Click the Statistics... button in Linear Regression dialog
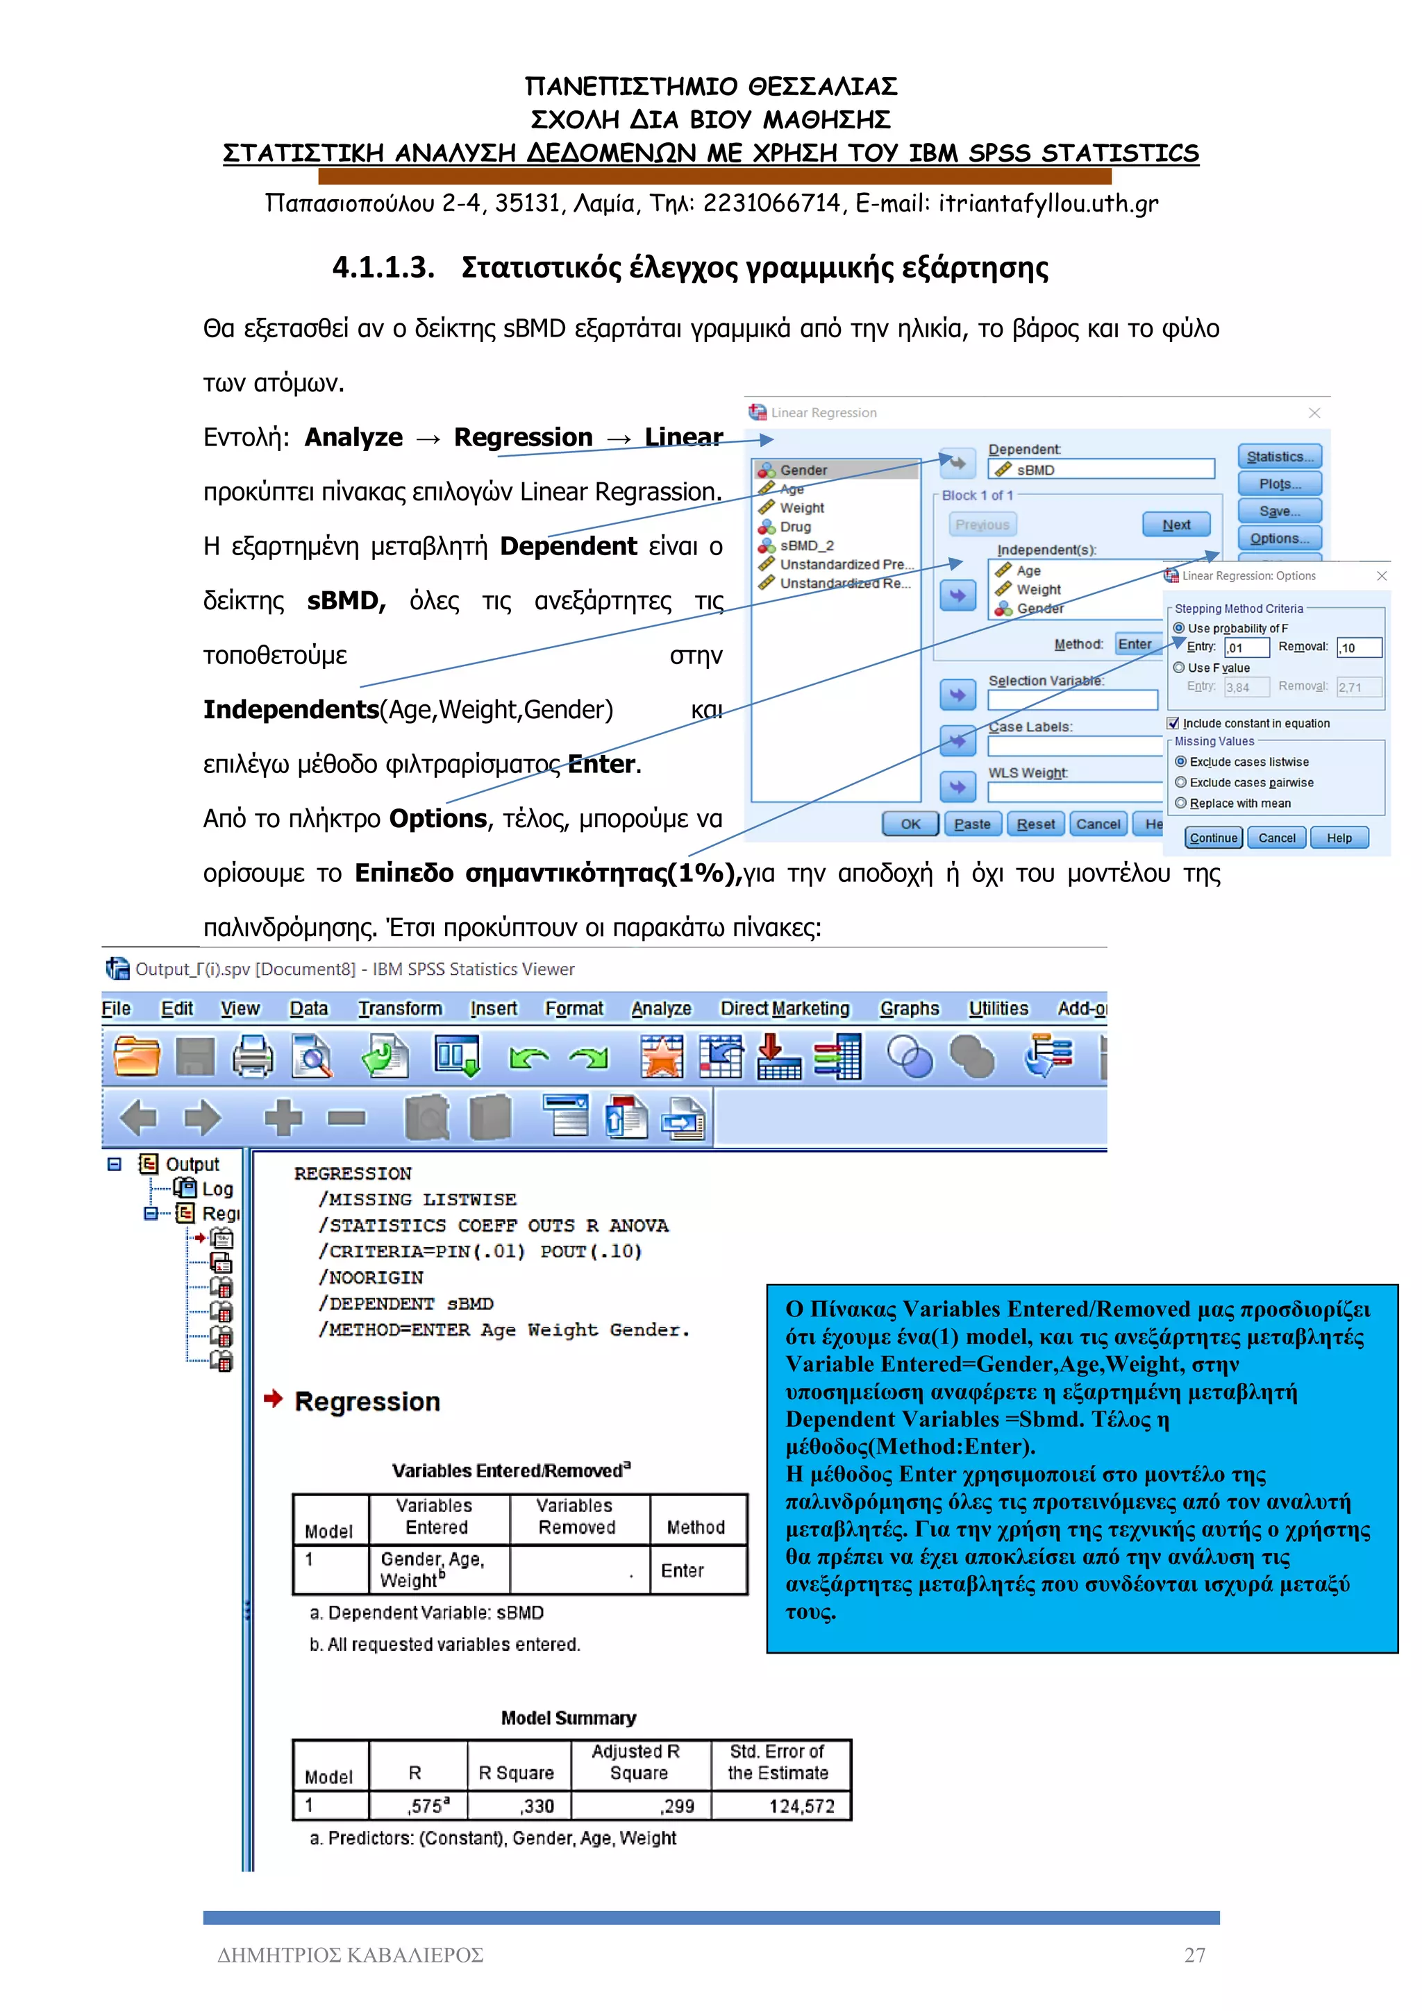(1278, 457)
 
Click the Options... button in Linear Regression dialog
(1278, 538)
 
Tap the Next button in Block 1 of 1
(1176, 525)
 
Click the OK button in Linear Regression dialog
(910, 823)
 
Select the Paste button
(971, 823)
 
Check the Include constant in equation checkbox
(1173, 724)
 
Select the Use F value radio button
(1179, 668)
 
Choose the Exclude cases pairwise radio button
(1181, 782)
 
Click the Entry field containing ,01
(1247, 647)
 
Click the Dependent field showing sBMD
(1101, 470)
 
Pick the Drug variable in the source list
(795, 527)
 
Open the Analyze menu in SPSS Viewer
(660, 1008)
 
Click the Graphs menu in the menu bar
(909, 1008)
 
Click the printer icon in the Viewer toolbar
(252, 1055)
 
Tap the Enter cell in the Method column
(682, 1570)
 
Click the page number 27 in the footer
(1194, 1955)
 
